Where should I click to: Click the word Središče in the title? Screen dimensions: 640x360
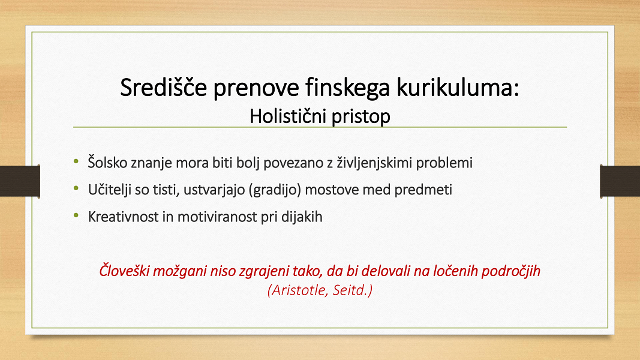[164, 87]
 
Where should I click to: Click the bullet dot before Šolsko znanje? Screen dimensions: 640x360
[76, 161]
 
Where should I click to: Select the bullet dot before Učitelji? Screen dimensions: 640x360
[76, 188]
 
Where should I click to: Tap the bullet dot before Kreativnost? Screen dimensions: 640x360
[76, 215]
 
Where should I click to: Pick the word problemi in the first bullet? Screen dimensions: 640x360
[444, 163]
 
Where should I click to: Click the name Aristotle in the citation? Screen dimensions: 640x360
[298, 290]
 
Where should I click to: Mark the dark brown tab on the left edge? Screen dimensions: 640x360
[20, 181]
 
